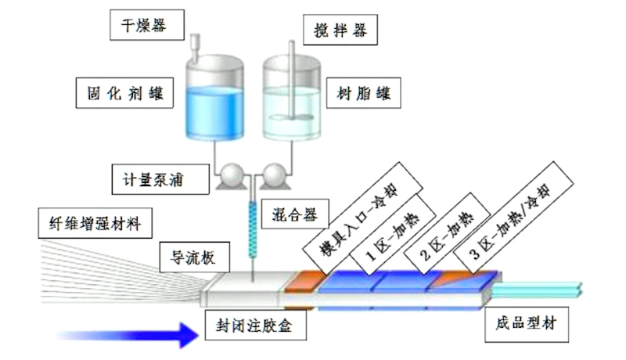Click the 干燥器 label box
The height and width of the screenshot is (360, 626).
point(146,25)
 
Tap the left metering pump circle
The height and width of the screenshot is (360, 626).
point(232,176)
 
